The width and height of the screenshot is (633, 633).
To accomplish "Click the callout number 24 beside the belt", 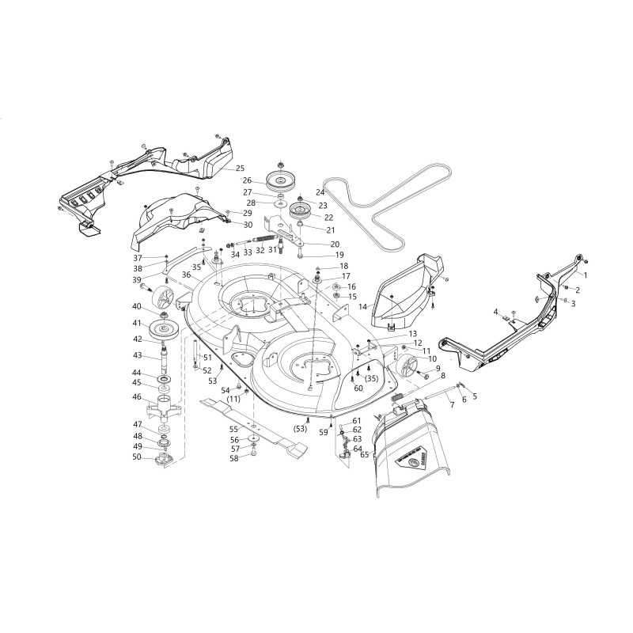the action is [x=320, y=192].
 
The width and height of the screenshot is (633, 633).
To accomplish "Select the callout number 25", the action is [x=241, y=169].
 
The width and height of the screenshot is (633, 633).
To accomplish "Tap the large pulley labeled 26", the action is [x=282, y=182].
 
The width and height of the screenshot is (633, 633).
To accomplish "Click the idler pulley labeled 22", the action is [x=301, y=211].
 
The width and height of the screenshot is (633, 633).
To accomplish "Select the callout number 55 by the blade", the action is [x=233, y=428].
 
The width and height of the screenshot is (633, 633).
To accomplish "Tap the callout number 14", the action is [x=363, y=307].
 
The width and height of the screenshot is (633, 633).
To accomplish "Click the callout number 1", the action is [x=586, y=275].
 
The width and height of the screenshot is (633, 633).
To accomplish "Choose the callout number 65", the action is [x=365, y=454].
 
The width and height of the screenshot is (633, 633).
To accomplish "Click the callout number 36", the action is [x=186, y=275].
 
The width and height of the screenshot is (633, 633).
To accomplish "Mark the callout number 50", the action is [x=137, y=457].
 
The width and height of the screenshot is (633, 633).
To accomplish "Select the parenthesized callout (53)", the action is [x=300, y=429].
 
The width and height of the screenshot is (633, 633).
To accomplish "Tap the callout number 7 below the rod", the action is [x=452, y=404].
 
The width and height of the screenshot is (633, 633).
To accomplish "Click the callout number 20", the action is [x=335, y=244].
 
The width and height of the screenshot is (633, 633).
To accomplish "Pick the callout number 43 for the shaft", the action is [x=137, y=355].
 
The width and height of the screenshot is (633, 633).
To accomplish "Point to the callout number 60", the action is [x=358, y=389].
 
